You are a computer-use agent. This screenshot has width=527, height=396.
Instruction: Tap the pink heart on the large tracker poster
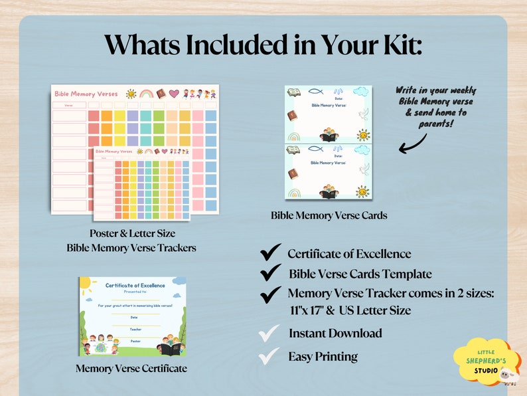174,94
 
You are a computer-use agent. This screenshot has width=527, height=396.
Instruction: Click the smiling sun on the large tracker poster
131,94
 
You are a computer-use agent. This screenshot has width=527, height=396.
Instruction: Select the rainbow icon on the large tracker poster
145,94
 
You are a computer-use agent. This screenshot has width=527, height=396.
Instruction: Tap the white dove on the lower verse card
363,169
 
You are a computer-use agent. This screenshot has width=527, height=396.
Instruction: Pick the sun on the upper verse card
363,135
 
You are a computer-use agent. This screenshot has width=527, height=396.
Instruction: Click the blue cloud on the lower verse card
362,149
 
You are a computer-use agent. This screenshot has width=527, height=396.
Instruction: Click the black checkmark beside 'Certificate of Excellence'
269,252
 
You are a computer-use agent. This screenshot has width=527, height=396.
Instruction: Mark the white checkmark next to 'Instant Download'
269,333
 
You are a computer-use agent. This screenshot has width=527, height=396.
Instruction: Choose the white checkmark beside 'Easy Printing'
269,357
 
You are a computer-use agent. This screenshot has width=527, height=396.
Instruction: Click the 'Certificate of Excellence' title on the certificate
135,285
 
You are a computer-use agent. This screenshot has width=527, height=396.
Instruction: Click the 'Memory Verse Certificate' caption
131,368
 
